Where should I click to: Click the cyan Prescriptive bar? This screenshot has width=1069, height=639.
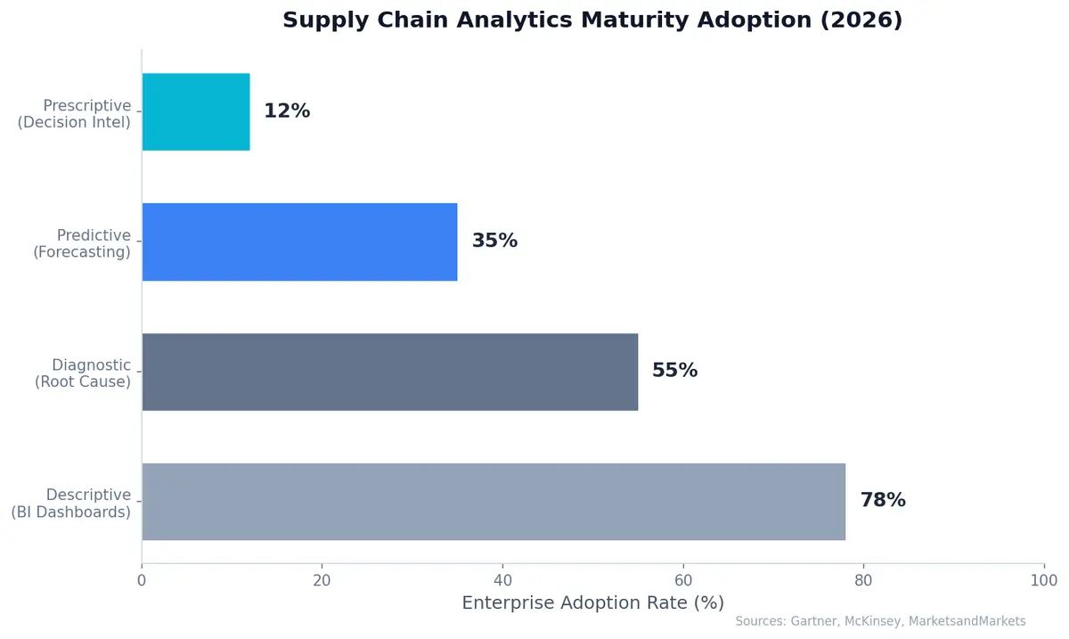click(196, 111)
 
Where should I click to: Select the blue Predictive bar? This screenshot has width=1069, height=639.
click(299, 242)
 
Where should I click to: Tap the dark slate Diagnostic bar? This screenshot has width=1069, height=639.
click(389, 372)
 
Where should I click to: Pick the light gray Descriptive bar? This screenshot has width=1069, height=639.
click(494, 501)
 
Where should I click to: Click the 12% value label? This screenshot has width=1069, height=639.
click(287, 111)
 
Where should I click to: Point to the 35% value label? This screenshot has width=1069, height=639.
click(494, 242)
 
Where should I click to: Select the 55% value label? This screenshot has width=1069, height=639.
click(674, 371)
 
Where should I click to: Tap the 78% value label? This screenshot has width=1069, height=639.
click(882, 501)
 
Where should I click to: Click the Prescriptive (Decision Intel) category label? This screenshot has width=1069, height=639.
click(75, 114)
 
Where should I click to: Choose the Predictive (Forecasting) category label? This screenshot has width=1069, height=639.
click(82, 243)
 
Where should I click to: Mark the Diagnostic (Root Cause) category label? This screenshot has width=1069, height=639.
click(83, 373)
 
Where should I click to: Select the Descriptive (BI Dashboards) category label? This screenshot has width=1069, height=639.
click(71, 503)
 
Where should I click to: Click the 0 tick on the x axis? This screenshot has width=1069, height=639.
click(142, 581)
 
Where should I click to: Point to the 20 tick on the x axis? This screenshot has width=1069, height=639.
click(322, 581)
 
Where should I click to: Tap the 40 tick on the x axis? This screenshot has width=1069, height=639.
click(502, 581)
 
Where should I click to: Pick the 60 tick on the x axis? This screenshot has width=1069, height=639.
click(683, 581)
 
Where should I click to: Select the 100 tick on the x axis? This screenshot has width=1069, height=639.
click(1043, 581)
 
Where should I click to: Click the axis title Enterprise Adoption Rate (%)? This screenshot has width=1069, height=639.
click(592, 603)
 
